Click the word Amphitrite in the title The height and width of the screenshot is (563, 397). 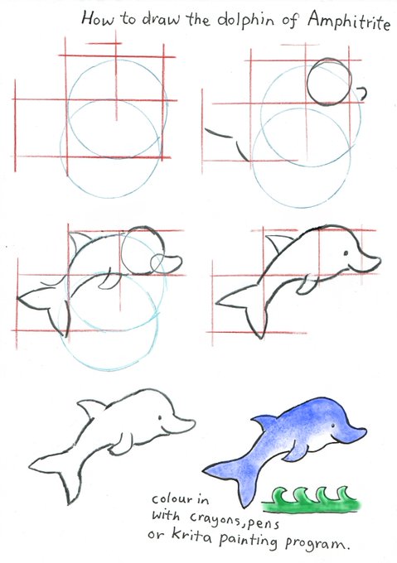(x=348, y=21)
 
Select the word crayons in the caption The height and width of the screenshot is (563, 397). (x=216, y=519)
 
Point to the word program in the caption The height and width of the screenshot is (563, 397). (x=316, y=543)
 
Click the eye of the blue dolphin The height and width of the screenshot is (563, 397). (x=332, y=426)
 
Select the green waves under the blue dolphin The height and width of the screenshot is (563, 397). (x=311, y=499)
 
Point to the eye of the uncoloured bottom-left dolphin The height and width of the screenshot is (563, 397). (x=159, y=417)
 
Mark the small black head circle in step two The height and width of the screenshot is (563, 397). (x=329, y=82)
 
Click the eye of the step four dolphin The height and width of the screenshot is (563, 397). (x=346, y=253)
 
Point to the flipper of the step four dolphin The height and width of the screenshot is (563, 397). (x=307, y=285)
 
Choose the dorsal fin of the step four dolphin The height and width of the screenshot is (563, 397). (x=278, y=243)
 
